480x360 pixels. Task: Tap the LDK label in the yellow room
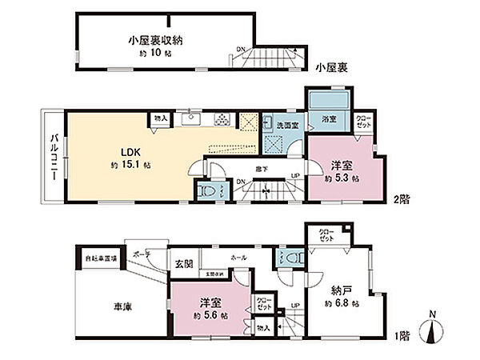[130, 151]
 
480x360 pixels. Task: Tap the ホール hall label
[238, 258]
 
